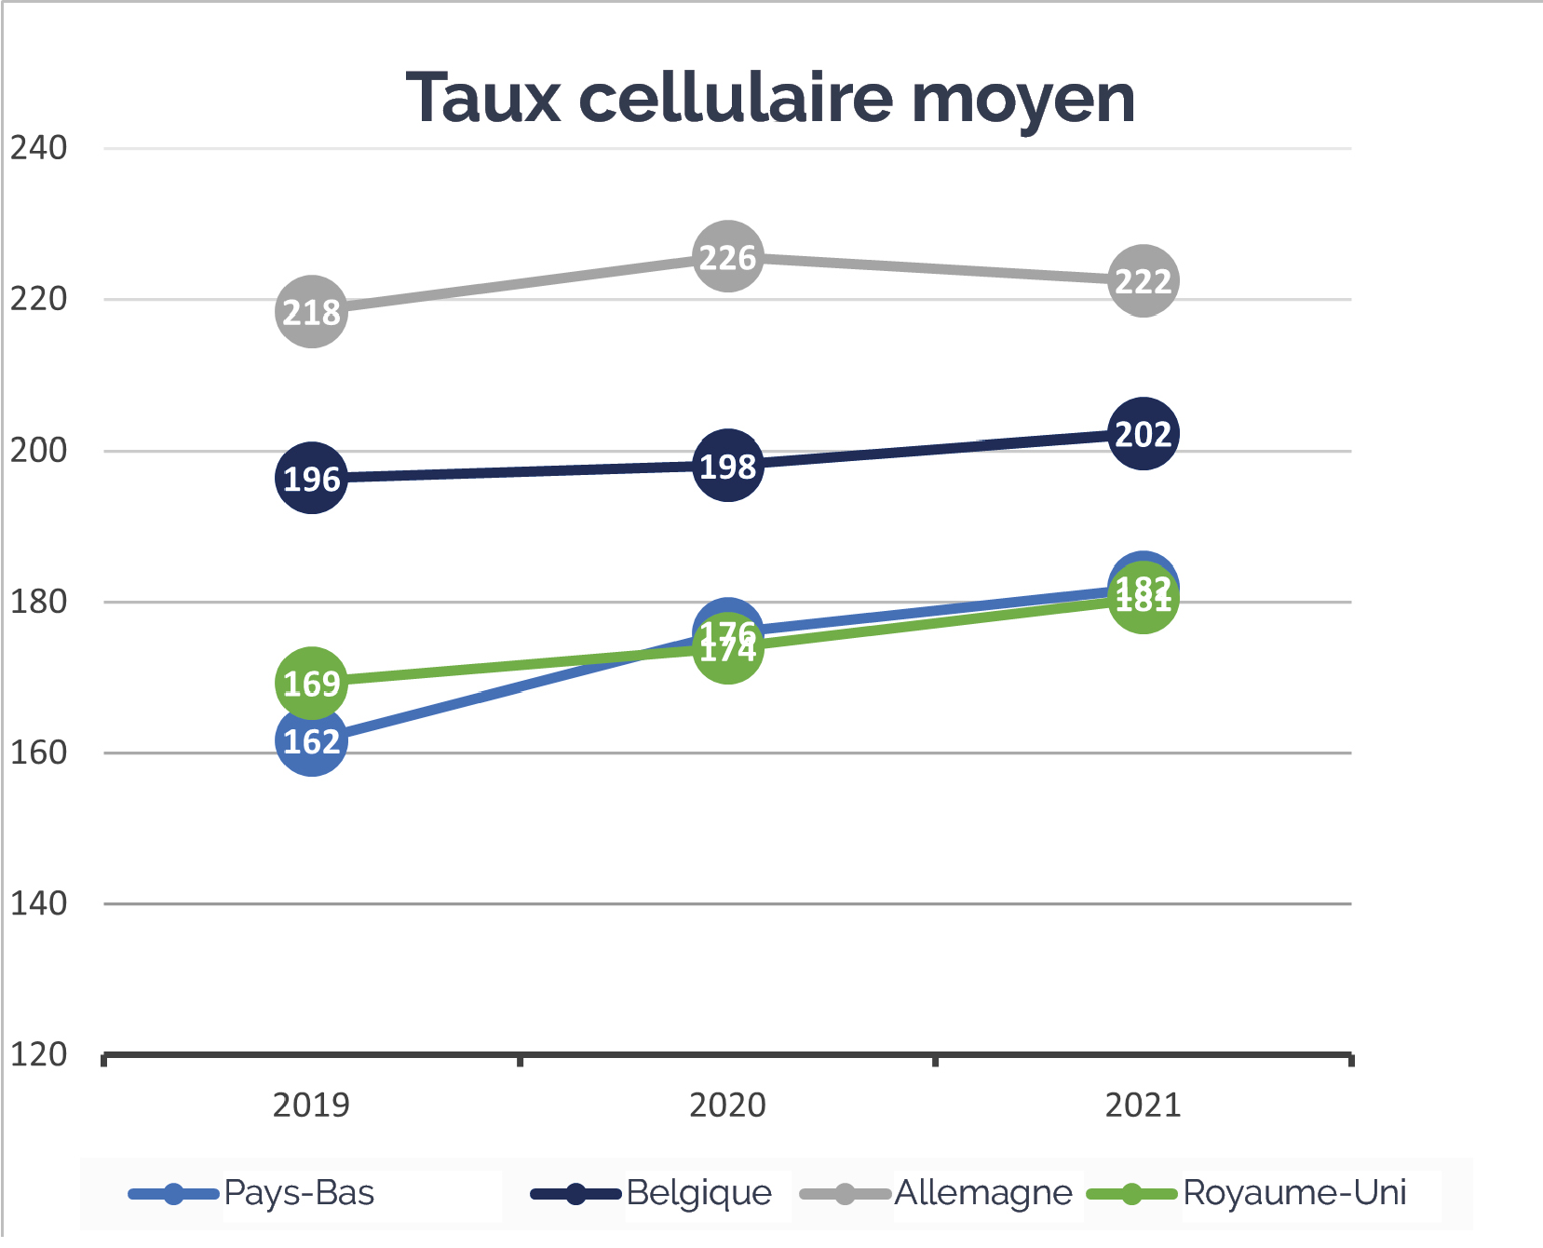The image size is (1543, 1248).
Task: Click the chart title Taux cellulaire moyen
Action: tap(770, 98)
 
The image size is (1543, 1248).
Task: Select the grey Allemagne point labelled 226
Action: tap(727, 256)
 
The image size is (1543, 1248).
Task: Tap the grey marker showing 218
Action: tap(311, 312)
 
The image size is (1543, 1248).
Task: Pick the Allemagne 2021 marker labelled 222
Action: tap(1143, 280)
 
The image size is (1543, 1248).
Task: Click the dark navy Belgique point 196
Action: tap(311, 478)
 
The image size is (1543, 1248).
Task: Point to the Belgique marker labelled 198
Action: tap(727, 465)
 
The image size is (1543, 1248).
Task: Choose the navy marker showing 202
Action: tap(1143, 433)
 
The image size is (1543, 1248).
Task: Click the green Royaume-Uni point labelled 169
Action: tap(311, 683)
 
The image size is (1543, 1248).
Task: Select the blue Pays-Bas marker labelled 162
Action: tap(311, 741)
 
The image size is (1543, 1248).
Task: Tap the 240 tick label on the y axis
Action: tap(38, 147)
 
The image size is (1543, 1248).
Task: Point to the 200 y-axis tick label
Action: tap(38, 450)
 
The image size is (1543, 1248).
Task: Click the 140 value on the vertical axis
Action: tap(38, 902)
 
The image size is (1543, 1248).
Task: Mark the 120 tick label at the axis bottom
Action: tap(38, 1054)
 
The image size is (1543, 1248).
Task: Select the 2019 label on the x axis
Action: tap(311, 1105)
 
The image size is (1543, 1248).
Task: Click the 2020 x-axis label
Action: tap(727, 1105)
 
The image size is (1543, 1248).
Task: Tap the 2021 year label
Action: tap(1143, 1105)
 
